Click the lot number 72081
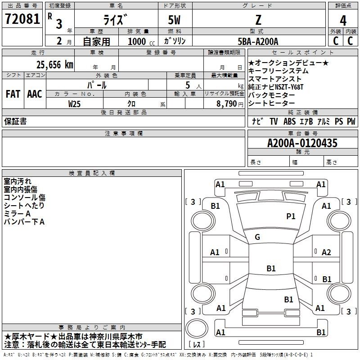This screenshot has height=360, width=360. tap(22, 19)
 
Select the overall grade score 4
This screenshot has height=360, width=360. tap(343, 21)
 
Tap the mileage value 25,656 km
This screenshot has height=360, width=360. tap(55, 65)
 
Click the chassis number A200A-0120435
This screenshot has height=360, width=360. tap(302, 143)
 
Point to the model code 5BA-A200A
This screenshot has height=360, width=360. tap(258, 41)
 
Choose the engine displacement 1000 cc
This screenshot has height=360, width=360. tap(141, 41)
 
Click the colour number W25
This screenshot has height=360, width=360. tap(74, 104)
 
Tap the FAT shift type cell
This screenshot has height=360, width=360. tap(13, 94)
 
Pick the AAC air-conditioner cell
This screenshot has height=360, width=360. tap(35, 94)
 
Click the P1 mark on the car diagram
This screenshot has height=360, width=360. tap(291, 216)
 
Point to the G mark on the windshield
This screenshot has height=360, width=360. tap(257, 237)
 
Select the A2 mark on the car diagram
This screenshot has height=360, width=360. tap(326, 252)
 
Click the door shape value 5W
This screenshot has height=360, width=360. tap(174, 20)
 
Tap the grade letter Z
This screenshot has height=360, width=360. tap(258, 20)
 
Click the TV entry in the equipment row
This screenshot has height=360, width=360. tap(274, 121)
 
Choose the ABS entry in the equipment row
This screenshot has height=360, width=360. tap(289, 121)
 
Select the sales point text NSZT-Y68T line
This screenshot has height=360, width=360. tap(276, 87)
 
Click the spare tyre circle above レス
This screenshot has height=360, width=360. tap(197, 328)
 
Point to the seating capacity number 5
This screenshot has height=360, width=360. tap(188, 85)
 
